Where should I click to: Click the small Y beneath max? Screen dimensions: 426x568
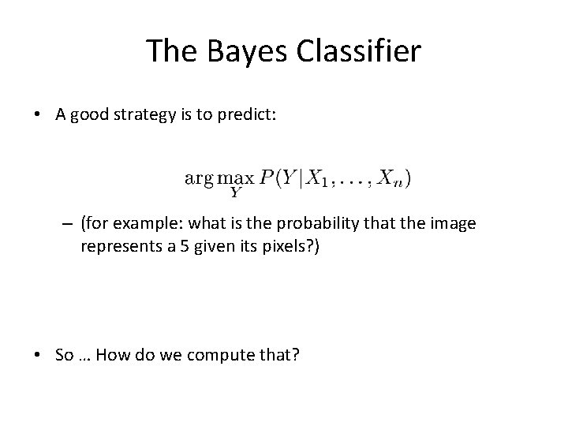(x=234, y=190)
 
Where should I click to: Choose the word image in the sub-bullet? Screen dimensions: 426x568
(x=456, y=224)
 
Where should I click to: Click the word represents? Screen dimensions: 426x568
(x=117, y=247)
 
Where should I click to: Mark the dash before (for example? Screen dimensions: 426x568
(x=68, y=224)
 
